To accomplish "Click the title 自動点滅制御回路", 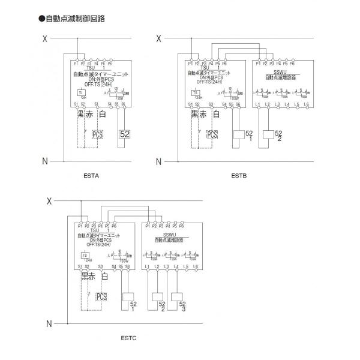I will (x=76, y=19).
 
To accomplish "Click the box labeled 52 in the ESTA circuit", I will (x=125, y=134).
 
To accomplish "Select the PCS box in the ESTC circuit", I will (x=101, y=296).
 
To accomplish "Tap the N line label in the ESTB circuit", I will (x=158, y=161).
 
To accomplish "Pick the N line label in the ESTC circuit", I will (x=49, y=324).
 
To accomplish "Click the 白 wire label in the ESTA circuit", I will (x=103, y=113).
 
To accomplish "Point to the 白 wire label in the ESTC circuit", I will (x=105, y=276).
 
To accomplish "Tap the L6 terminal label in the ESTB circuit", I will (x=306, y=105).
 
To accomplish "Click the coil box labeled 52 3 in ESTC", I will (x=177, y=297).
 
